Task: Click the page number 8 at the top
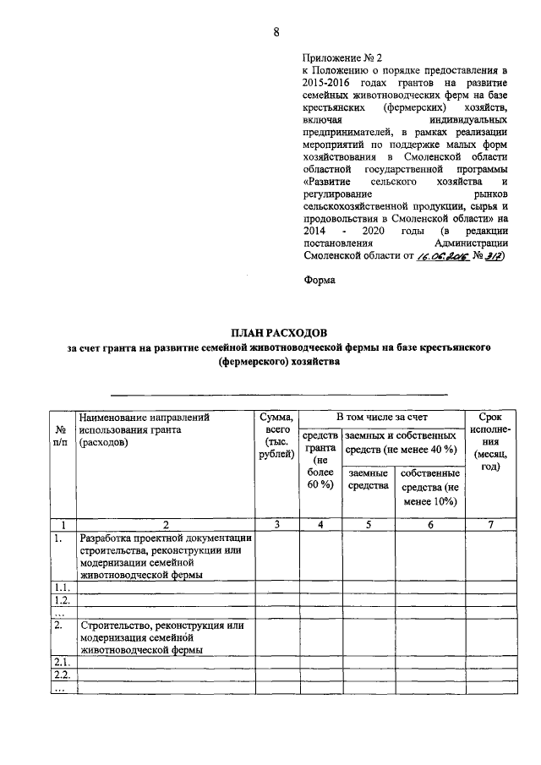[276, 33]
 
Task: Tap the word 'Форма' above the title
[319, 281]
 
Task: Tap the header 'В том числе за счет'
[380, 417]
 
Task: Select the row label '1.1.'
[59, 587]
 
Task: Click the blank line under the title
[279, 394]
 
